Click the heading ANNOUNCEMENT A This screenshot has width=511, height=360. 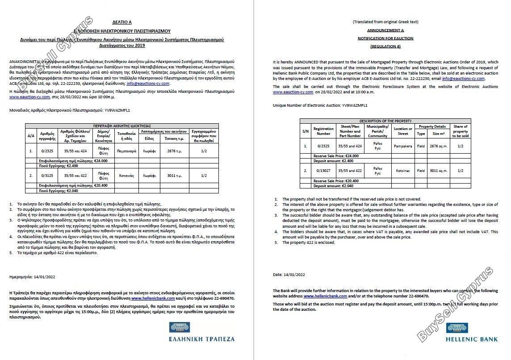pos(385,30)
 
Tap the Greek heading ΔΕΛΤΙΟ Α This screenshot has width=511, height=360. pos(122,21)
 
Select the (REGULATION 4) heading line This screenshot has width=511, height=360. pos(385,46)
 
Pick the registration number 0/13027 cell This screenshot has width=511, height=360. pos(323,171)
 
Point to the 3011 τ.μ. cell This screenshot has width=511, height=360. pos(172,176)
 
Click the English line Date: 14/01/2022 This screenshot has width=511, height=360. pos(289,274)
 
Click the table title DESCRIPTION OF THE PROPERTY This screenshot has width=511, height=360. pos(385,121)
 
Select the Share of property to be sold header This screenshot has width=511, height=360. pos(461,131)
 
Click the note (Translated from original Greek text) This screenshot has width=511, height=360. pos(385,21)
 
